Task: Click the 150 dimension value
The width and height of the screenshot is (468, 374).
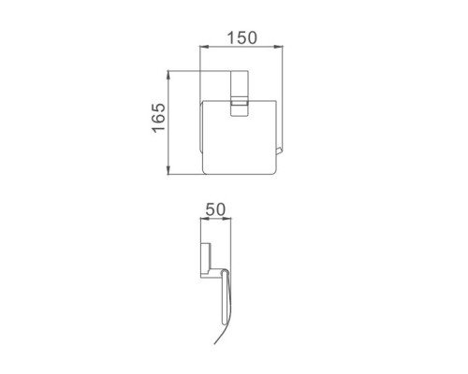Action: coord(242,37)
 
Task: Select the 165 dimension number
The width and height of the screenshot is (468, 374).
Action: coord(159,118)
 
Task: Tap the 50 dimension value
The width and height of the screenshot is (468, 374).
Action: coord(215,209)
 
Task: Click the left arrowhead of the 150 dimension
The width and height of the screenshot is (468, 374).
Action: coord(204,47)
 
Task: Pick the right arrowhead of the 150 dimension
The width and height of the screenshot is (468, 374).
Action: coord(279,47)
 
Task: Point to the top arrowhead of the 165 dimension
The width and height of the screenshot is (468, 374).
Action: coord(168,75)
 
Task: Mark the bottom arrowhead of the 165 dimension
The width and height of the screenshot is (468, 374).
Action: coord(168,170)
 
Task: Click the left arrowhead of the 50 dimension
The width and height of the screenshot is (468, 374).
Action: coord(204,219)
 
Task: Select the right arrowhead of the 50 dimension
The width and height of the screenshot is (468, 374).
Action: coord(227,219)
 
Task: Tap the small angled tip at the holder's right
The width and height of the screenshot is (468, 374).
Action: coord(279,151)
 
